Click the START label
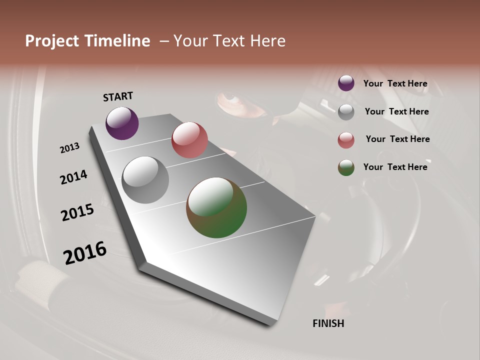tap(118, 96)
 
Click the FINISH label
tap(328, 323)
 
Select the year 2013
tap(69, 148)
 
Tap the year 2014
tap(73, 177)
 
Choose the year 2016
tap(85, 253)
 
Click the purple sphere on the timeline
tap(122, 123)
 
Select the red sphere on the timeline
tap(189, 139)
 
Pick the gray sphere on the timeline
tap(145, 180)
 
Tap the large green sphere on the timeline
tap(216, 207)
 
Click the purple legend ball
tap(346, 83)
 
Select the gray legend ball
tap(346, 112)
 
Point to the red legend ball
tap(346, 140)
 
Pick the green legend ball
tap(346, 167)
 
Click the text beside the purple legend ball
tap(395, 83)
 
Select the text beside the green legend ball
tap(395, 167)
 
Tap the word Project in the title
tap(50, 41)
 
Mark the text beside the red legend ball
tap(397, 139)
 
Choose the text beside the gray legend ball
tap(396, 111)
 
